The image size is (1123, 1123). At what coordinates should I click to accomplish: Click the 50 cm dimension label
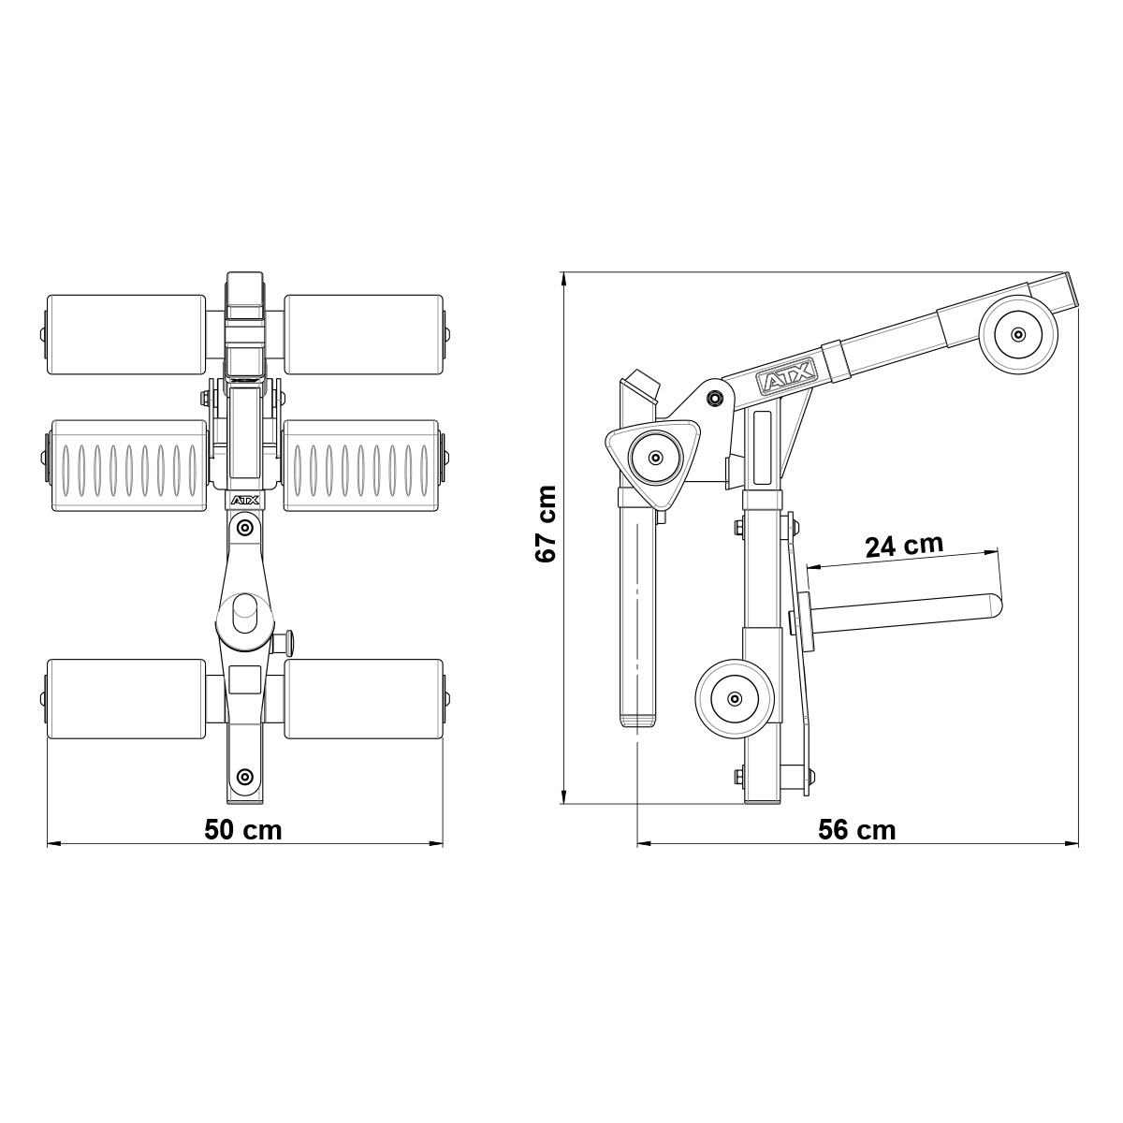[243, 829]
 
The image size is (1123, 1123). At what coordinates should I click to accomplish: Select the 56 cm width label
[856, 829]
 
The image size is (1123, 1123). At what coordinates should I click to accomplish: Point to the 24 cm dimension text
[903, 546]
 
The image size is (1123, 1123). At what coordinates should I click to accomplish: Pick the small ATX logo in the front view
[244, 502]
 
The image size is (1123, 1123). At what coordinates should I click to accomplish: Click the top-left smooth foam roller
[126, 334]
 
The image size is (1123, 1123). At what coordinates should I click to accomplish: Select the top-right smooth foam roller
[362, 334]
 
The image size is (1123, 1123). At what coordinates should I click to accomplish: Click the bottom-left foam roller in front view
[126, 697]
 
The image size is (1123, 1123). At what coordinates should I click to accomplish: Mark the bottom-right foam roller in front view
[362, 697]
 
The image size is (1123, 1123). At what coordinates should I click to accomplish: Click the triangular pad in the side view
[654, 459]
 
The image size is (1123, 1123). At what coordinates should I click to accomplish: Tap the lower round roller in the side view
[735, 698]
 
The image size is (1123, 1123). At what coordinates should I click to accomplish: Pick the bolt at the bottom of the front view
[244, 776]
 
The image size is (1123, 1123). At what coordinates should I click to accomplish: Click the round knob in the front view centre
[244, 613]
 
